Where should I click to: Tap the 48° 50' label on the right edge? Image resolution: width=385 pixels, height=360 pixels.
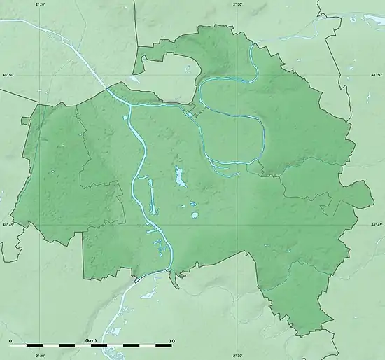[x=377, y=75]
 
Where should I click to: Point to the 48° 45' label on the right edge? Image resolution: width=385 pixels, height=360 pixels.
[x=377, y=225]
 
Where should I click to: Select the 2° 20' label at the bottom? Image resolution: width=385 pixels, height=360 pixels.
[x=39, y=356]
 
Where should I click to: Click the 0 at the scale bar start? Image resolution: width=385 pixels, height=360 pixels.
[x=10, y=340]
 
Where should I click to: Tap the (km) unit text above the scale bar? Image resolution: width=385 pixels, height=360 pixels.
[x=91, y=340]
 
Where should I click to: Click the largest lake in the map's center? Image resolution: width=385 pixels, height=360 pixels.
[x=180, y=179]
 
